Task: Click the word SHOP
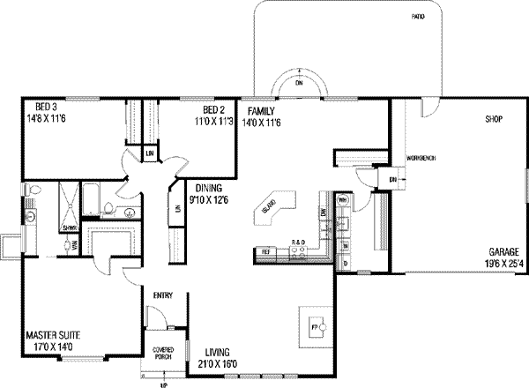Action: click(x=492, y=118)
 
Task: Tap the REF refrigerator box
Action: click(x=264, y=253)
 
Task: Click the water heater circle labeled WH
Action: click(x=343, y=200)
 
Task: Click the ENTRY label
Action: click(x=162, y=295)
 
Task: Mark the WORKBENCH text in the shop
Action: click(x=421, y=158)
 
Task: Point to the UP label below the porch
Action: click(x=163, y=384)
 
